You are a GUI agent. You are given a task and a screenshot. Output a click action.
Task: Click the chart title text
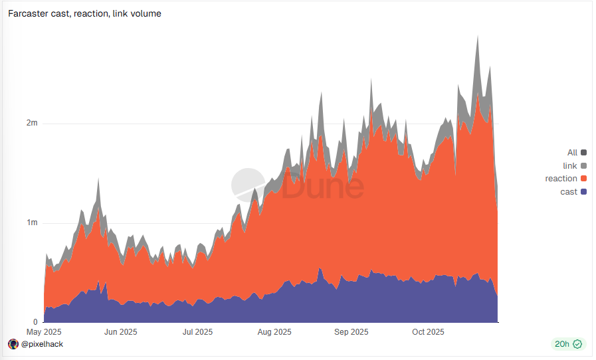84,13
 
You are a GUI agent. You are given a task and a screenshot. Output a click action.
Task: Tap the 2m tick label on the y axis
32,124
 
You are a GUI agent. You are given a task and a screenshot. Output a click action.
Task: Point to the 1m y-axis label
32,223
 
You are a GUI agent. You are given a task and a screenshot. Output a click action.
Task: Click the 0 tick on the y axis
35,321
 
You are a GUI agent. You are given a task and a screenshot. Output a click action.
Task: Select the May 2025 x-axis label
44,332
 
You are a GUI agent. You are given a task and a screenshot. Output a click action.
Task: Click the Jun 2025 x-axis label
120,332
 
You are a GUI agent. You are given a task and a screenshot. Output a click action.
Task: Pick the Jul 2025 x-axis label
197,332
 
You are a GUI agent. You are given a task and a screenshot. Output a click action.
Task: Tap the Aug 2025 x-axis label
274,332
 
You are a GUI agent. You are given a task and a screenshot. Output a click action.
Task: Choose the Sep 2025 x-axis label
351,332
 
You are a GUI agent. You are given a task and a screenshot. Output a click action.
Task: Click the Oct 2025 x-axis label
428,332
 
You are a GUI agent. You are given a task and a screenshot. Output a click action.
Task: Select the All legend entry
572,153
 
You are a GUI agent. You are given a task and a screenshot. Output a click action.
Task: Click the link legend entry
569,165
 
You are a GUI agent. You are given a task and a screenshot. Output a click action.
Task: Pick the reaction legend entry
561,179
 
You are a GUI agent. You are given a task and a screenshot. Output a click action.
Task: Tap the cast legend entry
569,192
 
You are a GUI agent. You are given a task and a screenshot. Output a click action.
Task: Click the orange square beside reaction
583,179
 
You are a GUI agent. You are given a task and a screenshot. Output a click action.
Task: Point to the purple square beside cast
583,192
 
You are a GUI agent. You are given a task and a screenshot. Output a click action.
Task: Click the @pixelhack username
42,344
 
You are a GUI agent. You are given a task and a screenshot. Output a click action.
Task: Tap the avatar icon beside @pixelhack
13,344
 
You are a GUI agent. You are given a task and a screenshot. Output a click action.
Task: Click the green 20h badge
567,344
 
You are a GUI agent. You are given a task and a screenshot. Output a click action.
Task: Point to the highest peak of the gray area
477,37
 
